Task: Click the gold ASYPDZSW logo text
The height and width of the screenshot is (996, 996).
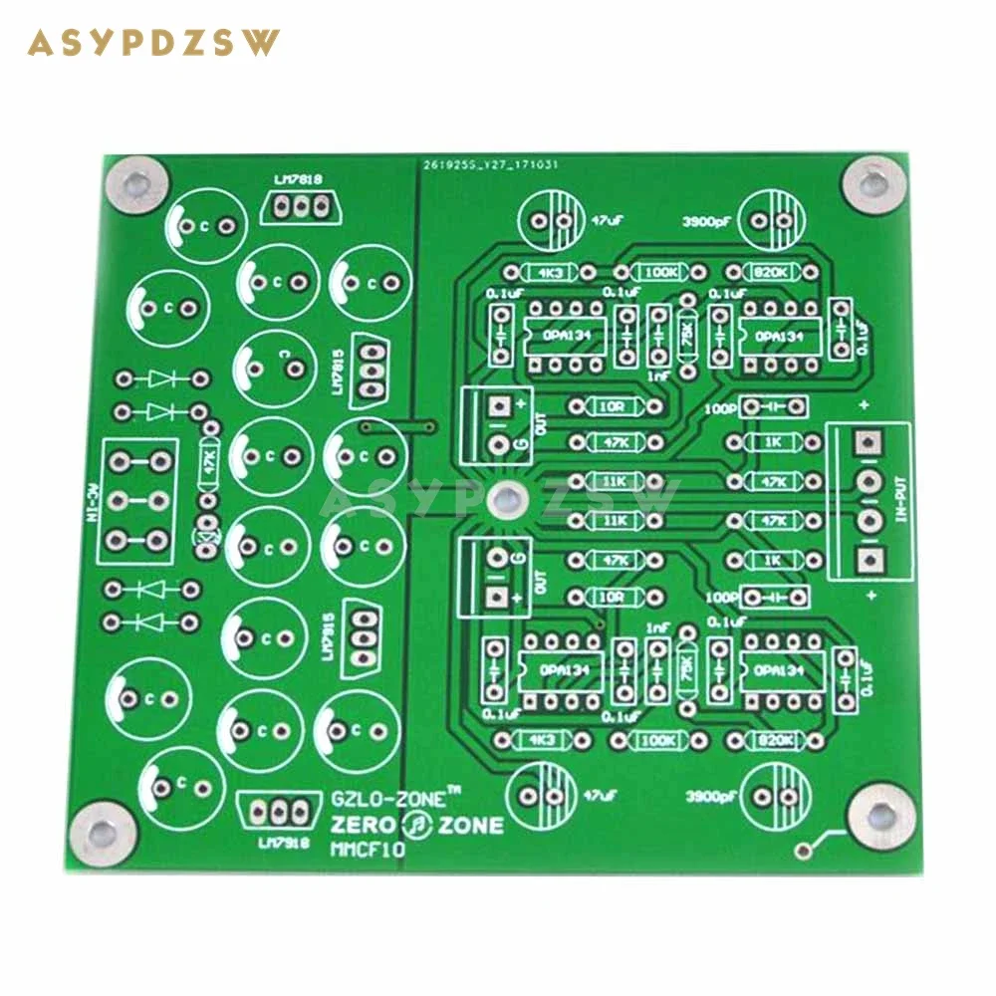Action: tap(154, 43)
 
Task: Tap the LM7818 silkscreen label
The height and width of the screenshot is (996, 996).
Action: tap(296, 179)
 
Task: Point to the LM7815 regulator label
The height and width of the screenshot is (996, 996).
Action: tap(339, 365)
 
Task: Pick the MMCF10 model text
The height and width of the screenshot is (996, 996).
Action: tap(366, 850)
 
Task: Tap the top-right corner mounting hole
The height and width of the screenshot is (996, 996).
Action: tap(874, 182)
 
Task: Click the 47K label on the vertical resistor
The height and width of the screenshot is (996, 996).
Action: tap(209, 462)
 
